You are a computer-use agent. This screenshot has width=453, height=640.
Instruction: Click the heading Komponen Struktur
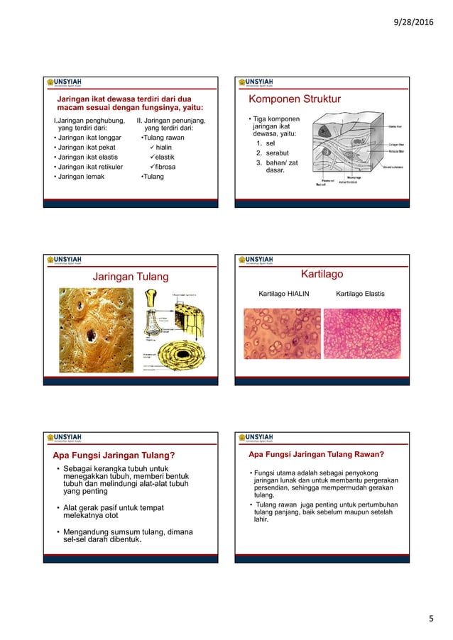290,99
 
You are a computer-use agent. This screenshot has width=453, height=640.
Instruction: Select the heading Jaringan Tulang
129,276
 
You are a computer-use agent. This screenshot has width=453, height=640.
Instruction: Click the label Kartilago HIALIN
284,292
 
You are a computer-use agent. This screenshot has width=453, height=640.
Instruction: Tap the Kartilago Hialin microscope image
283,333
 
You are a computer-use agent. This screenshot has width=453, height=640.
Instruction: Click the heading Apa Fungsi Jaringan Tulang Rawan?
316,454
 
